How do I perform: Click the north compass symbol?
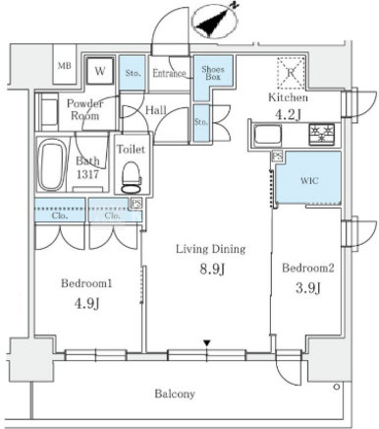[x=215, y=21]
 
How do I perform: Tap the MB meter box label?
[x=65, y=66]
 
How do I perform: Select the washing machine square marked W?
[x=100, y=71]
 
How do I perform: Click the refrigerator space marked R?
[x=291, y=73]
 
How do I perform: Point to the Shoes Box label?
[x=213, y=73]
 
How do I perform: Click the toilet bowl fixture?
[x=131, y=177]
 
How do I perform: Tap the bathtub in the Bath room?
[x=52, y=165]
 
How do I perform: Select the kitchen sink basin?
[x=268, y=135]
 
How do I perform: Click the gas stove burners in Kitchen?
[x=321, y=134]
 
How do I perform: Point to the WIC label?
[x=309, y=181]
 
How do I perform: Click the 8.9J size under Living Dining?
[x=212, y=270]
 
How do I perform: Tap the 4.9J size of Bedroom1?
[x=86, y=304]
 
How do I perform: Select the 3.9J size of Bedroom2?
[x=308, y=288]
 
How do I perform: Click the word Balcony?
[x=175, y=394]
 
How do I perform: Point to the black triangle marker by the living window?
[x=206, y=343]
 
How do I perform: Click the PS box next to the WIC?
[x=278, y=155]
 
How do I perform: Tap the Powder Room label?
[x=84, y=109]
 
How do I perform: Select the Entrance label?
[x=169, y=73]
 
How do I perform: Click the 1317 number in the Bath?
[x=87, y=174]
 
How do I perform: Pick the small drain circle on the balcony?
[x=337, y=387]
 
